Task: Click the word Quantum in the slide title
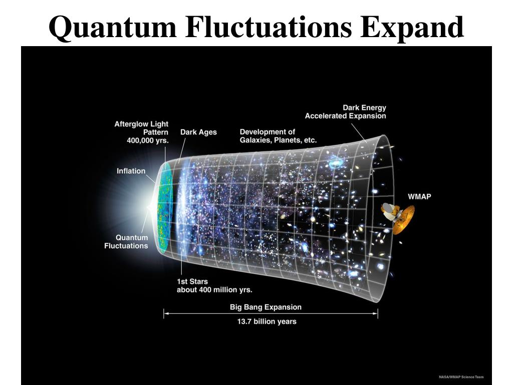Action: point(113,28)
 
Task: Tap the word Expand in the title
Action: point(412,28)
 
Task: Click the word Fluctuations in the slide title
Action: point(269,27)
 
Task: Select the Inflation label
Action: point(131,171)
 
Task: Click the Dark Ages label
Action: point(198,132)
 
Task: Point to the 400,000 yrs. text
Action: point(148,140)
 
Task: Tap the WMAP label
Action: point(419,197)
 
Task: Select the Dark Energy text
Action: point(365,108)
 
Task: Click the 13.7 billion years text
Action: point(267,321)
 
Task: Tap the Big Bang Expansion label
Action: point(266,307)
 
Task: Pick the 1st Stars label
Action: point(192,282)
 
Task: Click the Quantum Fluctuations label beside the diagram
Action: point(126,242)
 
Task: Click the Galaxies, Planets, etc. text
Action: point(278,140)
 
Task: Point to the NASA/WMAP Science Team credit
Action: point(461,377)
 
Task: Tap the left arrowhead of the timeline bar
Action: point(165,313)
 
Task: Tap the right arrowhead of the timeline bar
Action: point(376,313)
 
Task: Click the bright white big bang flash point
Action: point(150,206)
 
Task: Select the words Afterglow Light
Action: point(141,124)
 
